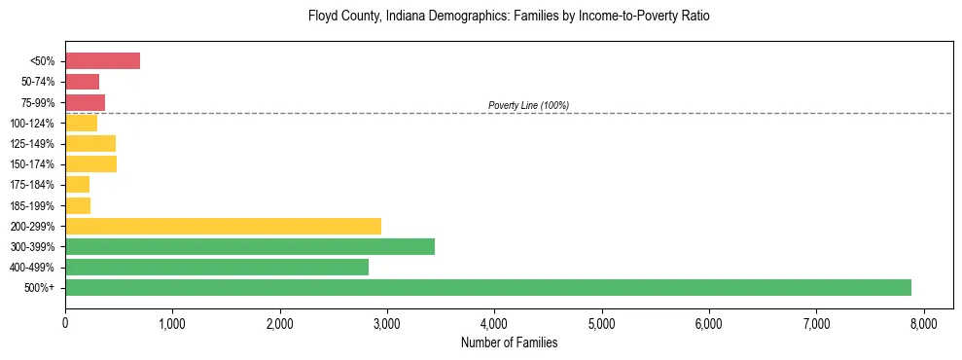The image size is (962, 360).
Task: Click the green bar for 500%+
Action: pos(487,287)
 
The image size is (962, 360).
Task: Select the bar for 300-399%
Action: pos(250,246)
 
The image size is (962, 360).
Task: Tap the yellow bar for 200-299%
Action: pos(223,226)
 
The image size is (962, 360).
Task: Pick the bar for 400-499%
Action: pos(217,267)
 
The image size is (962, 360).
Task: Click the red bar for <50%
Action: pos(102,61)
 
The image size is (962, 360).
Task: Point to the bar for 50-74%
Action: pos(82,82)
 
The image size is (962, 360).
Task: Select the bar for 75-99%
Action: pos(85,102)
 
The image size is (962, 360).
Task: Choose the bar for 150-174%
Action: pos(90,164)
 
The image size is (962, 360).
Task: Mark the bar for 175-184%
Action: pos(77,185)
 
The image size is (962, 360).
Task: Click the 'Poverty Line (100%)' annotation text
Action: pos(528,105)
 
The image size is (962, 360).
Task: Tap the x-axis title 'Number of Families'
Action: pos(508,342)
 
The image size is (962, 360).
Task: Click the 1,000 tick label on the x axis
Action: pos(172,324)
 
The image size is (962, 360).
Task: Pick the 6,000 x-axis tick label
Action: pos(709,324)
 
